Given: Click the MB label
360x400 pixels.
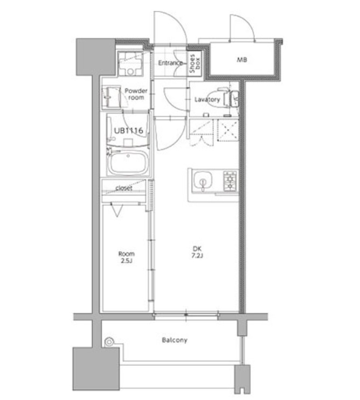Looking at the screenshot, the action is (242, 60).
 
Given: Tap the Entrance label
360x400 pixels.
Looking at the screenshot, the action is (170, 63).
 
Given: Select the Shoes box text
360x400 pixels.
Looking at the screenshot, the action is (195, 64).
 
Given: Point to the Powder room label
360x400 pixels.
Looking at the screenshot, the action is (136, 94).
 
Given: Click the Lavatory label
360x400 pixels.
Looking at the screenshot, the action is (207, 100).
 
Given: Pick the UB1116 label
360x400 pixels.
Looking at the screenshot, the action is (128, 131).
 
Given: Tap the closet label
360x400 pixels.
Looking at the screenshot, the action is (124, 188).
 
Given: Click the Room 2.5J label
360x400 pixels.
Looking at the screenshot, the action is (127, 257).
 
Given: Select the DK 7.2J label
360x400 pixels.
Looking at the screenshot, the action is (197, 252).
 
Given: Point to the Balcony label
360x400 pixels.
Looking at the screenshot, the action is (175, 340).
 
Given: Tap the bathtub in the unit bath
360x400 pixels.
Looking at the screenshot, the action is (128, 163).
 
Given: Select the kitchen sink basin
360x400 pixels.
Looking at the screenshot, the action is (203, 180).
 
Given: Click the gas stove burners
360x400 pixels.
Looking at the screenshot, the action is (230, 181).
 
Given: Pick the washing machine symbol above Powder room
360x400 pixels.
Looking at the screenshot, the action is (130, 64).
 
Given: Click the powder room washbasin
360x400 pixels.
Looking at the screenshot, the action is (111, 97).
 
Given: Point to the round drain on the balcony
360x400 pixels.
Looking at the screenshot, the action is (109, 341).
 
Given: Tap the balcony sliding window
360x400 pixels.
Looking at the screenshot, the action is (186, 316).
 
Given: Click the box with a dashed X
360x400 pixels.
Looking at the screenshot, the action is (228, 131).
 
